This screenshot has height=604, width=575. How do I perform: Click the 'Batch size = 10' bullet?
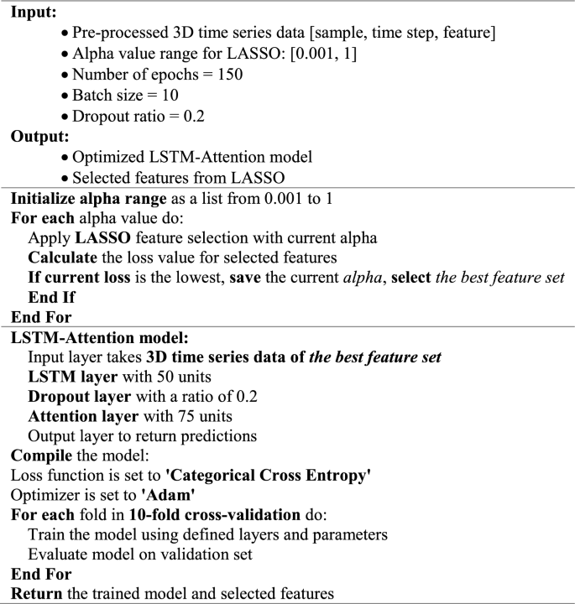(x=125, y=95)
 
